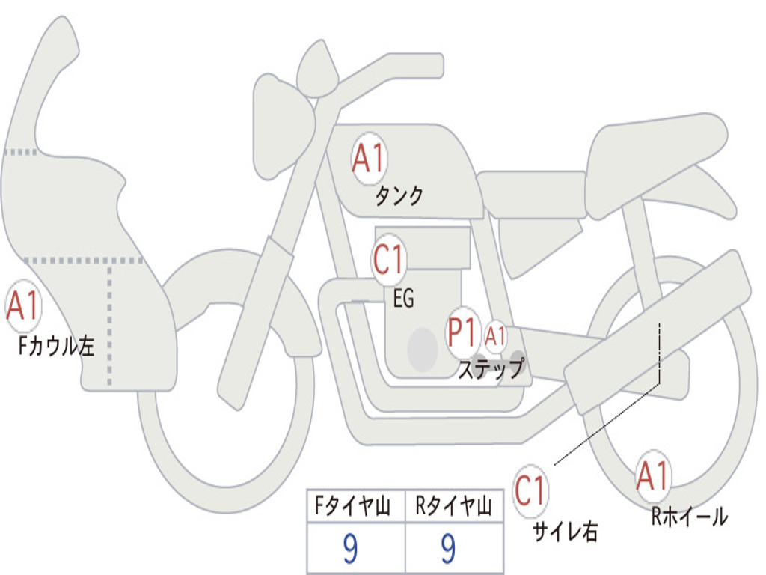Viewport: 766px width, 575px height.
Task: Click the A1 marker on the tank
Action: (369, 159)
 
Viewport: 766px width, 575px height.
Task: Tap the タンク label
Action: (399, 196)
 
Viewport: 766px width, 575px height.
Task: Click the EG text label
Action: (403, 299)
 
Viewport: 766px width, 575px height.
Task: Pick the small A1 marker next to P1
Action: (496, 337)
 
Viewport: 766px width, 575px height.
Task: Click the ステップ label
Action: (491, 369)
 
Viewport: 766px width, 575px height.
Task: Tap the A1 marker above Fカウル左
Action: (22, 307)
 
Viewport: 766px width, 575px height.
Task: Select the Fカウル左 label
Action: (57, 347)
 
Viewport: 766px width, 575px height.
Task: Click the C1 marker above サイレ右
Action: (530, 491)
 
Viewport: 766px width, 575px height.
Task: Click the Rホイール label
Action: (689, 516)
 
